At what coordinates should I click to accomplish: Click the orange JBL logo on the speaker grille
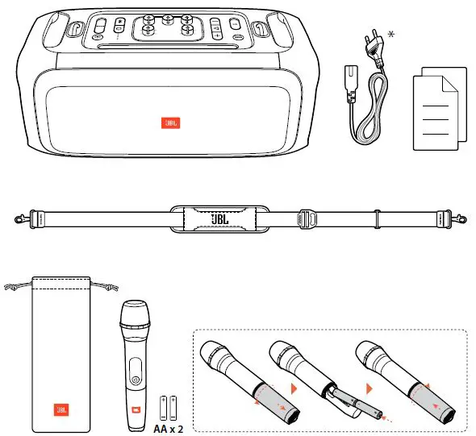pos(169,123)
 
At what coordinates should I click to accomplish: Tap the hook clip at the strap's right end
pos(460,218)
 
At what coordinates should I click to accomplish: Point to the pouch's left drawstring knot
pos(11,285)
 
